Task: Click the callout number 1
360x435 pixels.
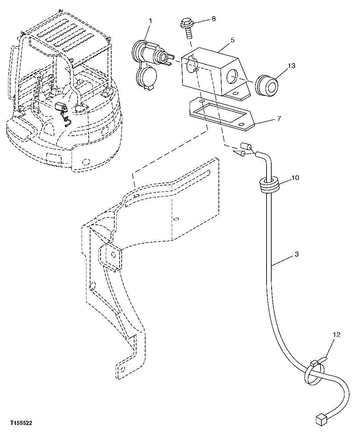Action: [x=150, y=21]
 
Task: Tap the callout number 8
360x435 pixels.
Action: [x=214, y=19]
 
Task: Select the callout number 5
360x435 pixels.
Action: [x=233, y=40]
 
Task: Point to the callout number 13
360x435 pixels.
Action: [x=291, y=66]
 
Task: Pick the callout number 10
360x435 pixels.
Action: [x=295, y=178]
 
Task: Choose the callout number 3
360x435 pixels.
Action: [x=296, y=254]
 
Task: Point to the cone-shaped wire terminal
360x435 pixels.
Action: [x=240, y=154]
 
